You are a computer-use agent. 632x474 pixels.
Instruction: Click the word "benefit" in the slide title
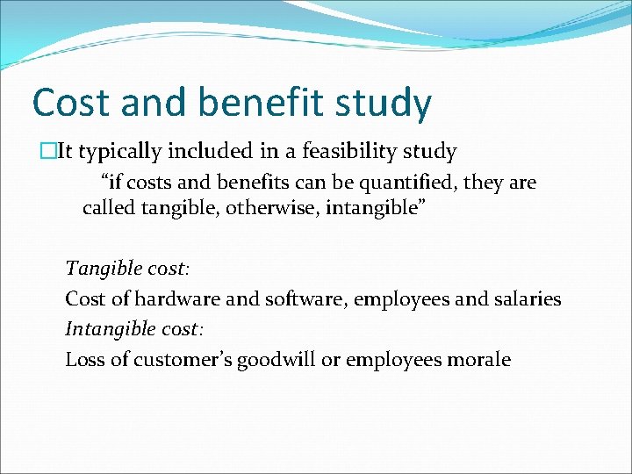[265, 103]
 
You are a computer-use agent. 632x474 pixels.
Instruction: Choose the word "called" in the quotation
[108, 208]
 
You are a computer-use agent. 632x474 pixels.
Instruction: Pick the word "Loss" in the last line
[84, 359]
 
